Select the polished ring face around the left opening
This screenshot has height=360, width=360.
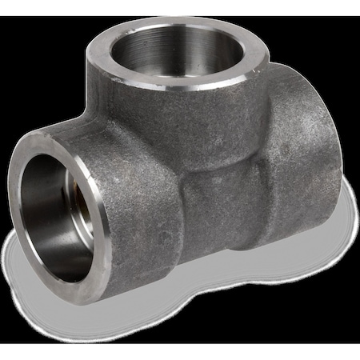pos(99,240)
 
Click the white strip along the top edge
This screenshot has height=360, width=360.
pos(180,6)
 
